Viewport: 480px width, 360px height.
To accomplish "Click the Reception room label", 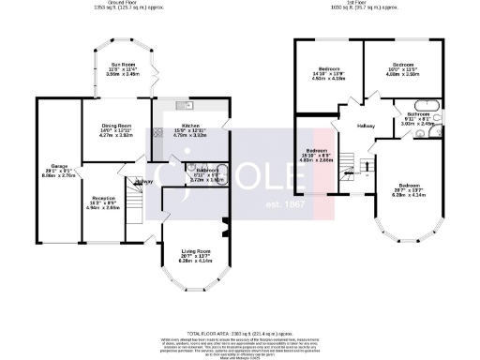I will (x=104, y=176).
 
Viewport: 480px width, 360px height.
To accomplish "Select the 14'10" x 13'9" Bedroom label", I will (x=327, y=70).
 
